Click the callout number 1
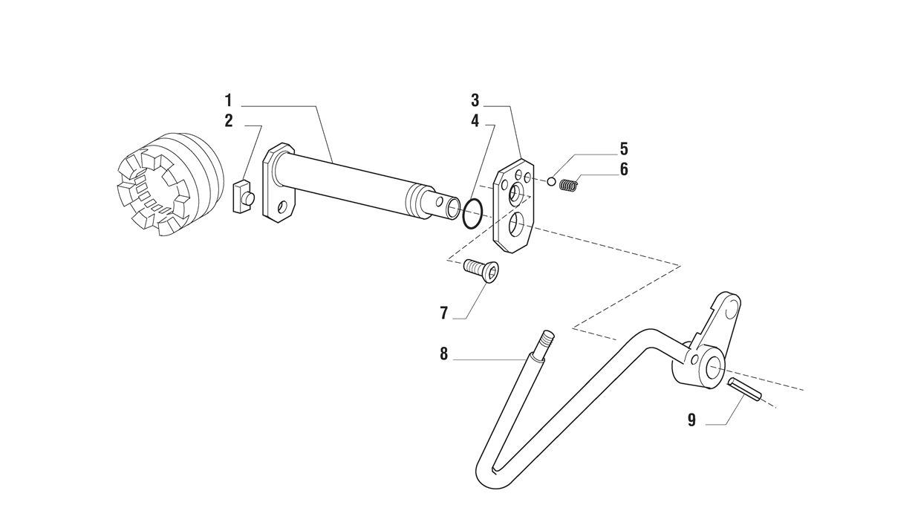[228, 100]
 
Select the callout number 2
[229, 120]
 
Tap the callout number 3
[475, 100]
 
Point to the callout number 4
[475, 120]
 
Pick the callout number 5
[624, 149]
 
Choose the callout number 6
[624, 169]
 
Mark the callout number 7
[444, 313]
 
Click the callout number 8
[444, 353]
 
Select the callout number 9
[691, 420]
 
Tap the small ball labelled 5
[552, 181]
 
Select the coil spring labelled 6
[569, 185]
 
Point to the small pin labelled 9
[744, 389]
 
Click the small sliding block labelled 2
[244, 197]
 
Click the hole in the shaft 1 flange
[282, 207]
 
